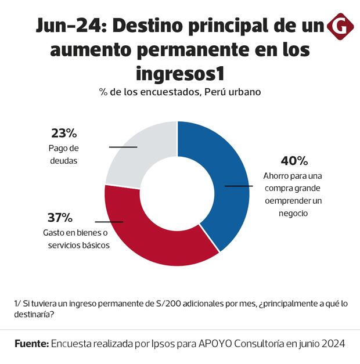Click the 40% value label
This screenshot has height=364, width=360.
click(x=294, y=161)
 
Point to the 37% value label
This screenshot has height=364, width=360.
click(x=60, y=218)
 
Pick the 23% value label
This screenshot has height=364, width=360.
click(x=63, y=132)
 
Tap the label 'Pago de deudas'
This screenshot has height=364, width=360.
click(x=64, y=153)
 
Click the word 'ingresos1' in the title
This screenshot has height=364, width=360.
click(x=179, y=74)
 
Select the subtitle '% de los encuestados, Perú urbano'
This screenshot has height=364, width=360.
click(x=179, y=92)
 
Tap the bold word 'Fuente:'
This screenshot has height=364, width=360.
click(x=31, y=344)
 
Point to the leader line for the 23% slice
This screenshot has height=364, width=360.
click(x=123, y=147)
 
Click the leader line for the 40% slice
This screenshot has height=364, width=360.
click(x=239, y=186)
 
